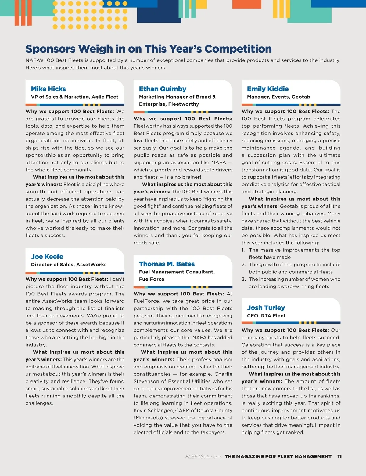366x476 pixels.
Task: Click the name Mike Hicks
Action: coord(48,89)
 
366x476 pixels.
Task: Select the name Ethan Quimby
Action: coord(163,89)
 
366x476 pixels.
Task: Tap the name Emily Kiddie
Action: coord(268,89)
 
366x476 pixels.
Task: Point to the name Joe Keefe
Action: coord(47,257)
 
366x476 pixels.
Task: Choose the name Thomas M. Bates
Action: coord(167,264)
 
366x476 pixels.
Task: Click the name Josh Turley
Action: coord(266,308)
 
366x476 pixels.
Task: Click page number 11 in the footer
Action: coord(339,456)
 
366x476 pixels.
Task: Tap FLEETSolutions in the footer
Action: coord(203,456)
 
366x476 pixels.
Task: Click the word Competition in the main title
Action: coord(238,49)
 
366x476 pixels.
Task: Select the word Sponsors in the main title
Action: coord(50,49)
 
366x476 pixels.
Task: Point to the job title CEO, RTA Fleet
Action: coord(266,316)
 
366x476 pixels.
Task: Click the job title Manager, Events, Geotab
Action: coord(278,97)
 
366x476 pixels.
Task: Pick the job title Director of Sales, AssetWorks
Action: coord(69,265)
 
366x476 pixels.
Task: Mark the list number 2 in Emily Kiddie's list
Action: coord(243,265)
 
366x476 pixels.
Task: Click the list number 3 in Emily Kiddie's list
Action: coord(243,279)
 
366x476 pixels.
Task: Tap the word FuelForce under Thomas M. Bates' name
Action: coord(152,279)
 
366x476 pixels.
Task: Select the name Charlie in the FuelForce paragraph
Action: coord(223,374)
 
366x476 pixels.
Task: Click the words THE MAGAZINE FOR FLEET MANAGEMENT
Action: coord(278,456)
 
